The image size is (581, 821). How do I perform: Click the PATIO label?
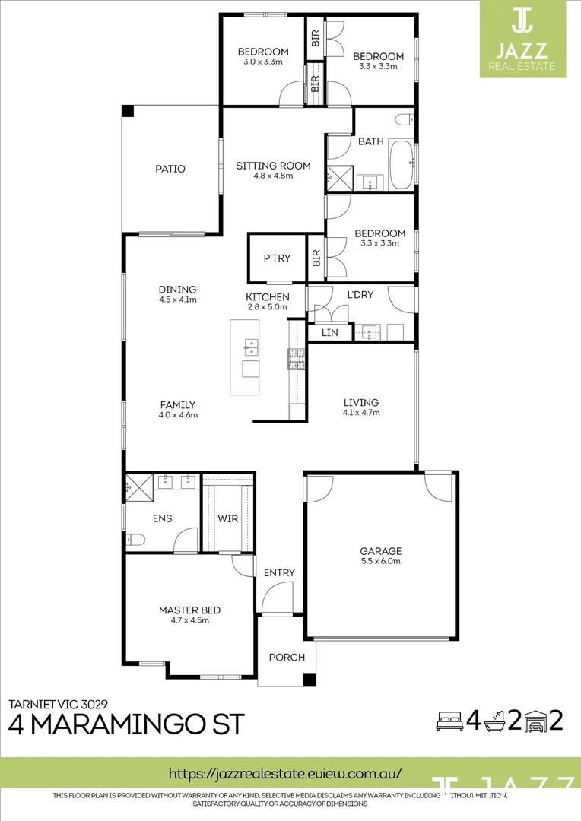(x=170, y=169)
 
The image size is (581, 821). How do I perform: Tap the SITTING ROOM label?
(x=273, y=165)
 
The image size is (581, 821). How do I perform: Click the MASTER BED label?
(x=189, y=610)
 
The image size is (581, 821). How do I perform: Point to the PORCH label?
(x=287, y=658)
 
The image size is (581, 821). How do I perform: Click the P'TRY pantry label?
(x=277, y=258)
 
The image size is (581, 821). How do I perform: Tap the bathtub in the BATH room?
(x=401, y=165)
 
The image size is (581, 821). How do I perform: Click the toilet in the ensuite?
(x=136, y=540)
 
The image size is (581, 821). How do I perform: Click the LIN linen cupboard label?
(x=329, y=333)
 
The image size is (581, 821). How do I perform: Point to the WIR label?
(x=227, y=518)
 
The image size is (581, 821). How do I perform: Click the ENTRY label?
(x=279, y=572)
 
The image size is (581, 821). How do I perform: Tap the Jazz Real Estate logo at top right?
(x=522, y=38)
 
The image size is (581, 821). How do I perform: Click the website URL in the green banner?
(x=284, y=773)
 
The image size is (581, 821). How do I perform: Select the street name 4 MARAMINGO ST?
(x=126, y=724)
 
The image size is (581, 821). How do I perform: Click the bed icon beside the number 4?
(x=448, y=721)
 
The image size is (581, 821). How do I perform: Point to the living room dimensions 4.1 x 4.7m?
(x=360, y=413)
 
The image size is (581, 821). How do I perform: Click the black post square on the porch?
(x=309, y=680)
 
